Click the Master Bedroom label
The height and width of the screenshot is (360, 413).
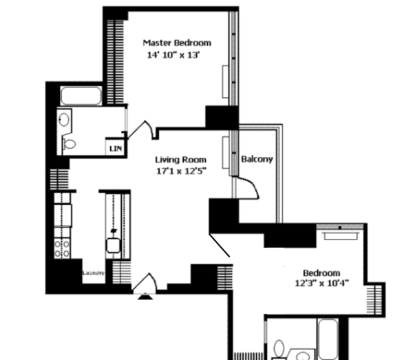[x=176, y=43]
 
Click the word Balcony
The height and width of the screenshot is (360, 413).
[x=257, y=159]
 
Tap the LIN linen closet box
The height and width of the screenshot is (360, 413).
[x=114, y=147]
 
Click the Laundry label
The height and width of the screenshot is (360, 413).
[x=93, y=273]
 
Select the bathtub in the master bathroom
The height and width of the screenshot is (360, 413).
[x=81, y=96]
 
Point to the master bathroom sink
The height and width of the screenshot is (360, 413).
[x=63, y=120]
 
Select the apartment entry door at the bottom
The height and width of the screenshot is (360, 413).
[x=145, y=284]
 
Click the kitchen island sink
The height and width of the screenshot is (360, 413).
[x=111, y=245]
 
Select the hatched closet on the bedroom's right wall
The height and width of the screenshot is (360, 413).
[x=375, y=299]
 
